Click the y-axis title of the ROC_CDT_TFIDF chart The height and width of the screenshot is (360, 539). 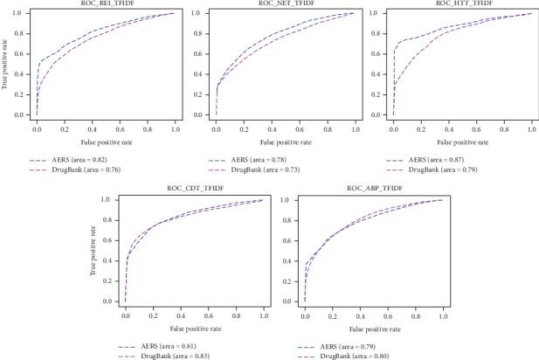93,251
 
